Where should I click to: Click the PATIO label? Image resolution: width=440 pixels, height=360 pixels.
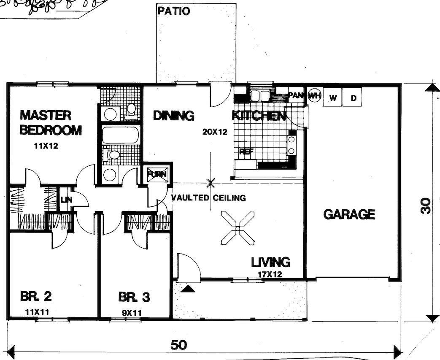[173, 11]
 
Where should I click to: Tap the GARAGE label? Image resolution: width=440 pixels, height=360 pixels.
[349, 214]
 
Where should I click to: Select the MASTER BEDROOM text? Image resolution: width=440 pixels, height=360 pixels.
[51, 123]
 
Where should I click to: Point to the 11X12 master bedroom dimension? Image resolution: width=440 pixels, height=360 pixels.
[46, 147]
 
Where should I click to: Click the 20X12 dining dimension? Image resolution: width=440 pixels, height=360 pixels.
[214, 132]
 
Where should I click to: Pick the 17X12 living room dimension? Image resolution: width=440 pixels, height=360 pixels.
[270, 274]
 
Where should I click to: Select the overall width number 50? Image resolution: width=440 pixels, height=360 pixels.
[179, 345]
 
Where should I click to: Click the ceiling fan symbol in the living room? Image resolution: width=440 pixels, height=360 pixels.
[238, 229]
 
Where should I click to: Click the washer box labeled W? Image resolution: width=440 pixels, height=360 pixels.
[333, 98]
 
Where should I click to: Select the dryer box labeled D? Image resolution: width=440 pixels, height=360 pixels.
[354, 98]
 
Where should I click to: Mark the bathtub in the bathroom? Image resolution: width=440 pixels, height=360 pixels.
[121, 135]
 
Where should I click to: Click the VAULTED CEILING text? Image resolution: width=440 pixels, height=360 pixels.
[208, 198]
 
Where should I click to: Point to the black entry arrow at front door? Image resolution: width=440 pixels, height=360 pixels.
[189, 289]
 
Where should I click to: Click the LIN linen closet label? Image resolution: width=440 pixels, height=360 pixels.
[65, 199]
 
